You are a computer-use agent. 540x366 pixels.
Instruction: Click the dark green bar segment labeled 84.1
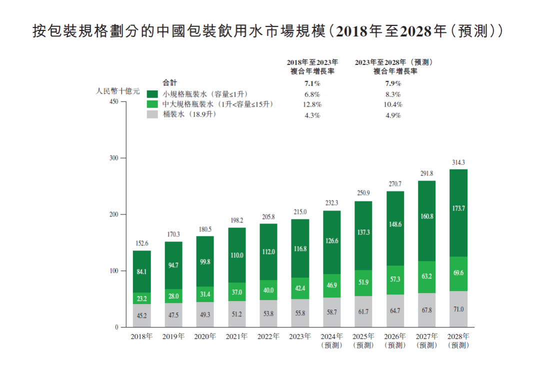click(141, 271)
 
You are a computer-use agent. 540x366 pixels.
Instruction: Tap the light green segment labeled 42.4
click(300, 288)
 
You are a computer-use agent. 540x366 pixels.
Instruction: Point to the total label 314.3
click(458, 162)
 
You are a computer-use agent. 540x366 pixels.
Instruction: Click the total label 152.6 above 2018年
click(141, 243)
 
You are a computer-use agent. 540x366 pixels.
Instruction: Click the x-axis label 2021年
click(236, 336)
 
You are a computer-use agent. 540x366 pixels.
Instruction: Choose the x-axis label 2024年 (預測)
click(331, 340)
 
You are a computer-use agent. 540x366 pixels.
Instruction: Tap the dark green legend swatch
click(152, 94)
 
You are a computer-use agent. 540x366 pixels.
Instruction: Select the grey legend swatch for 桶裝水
click(152, 114)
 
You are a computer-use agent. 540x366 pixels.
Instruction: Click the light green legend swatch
click(152, 104)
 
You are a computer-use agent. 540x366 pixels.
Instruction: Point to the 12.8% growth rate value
click(312, 104)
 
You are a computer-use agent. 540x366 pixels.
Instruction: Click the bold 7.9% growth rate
click(393, 83)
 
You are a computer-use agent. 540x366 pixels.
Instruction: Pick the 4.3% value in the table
click(312, 115)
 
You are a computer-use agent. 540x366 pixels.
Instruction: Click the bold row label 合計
click(170, 83)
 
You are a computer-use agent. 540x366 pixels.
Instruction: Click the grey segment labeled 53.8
click(268, 313)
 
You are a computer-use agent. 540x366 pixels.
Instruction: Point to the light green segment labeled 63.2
click(426, 276)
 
